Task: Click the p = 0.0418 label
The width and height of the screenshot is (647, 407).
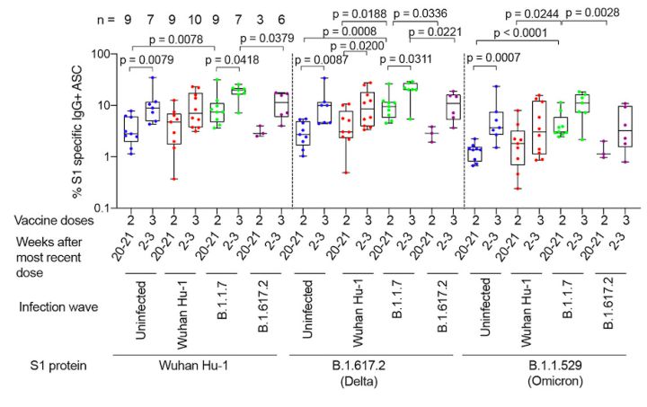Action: pyautogui.click(x=232, y=61)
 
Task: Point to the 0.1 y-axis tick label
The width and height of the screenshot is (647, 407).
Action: pyautogui.click(x=101, y=208)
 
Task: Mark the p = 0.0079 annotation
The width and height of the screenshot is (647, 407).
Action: pyautogui.click(x=149, y=61)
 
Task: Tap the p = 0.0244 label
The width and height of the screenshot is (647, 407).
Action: pyautogui.click(x=534, y=13)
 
